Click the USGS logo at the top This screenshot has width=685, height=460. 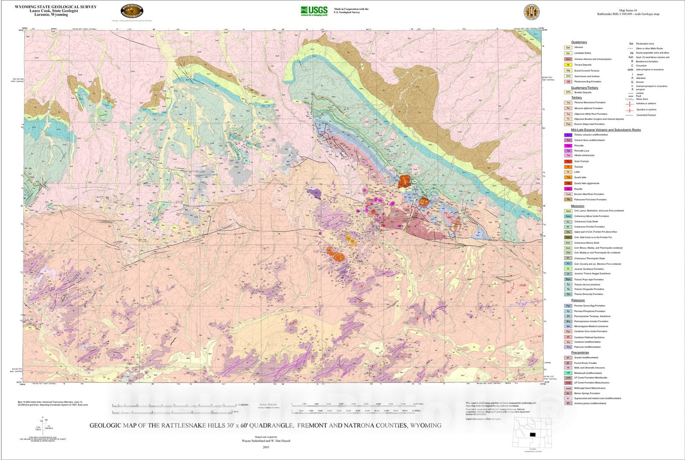pos(314,10)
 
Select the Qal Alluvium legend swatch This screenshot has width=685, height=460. pos(568,48)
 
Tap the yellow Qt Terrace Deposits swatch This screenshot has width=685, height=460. pos(568,65)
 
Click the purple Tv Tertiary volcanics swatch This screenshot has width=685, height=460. pos(568,135)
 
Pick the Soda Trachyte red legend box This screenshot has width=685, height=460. pos(568,161)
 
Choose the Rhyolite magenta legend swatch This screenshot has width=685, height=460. pos(568,189)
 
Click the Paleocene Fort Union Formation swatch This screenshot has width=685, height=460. pos(568,200)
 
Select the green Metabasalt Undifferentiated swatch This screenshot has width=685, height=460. pos(568,373)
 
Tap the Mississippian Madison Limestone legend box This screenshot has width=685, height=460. pos(568,326)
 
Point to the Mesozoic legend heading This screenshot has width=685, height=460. pos(577,206)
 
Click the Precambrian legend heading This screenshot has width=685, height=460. pos(580,353)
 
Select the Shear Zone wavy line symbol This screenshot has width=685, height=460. pos(630,99)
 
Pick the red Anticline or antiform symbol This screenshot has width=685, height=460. pos(630,104)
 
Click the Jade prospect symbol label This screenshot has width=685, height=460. pos(630,69)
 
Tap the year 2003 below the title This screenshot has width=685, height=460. pos(266,447)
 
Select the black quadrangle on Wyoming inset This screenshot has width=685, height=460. pos(533,434)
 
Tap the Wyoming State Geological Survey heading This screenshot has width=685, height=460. pos(56,7)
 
